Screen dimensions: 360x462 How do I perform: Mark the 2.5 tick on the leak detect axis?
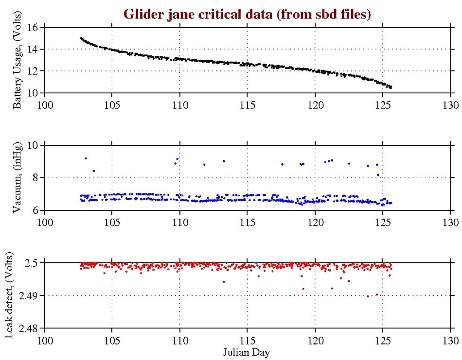pos(32,263)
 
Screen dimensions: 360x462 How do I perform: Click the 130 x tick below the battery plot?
pos(450,104)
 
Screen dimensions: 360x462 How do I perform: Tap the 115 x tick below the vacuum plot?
pos(248,222)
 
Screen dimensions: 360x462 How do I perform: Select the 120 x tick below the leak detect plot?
pos(315,339)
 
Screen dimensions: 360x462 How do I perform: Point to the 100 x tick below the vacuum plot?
pos(45,222)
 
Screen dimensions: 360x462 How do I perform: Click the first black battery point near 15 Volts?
pos(81,38)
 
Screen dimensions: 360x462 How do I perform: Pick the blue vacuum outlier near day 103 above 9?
pos(86,158)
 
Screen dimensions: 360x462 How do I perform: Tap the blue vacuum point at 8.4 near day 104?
pos(93,171)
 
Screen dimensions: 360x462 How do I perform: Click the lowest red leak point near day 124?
pos(368,296)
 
